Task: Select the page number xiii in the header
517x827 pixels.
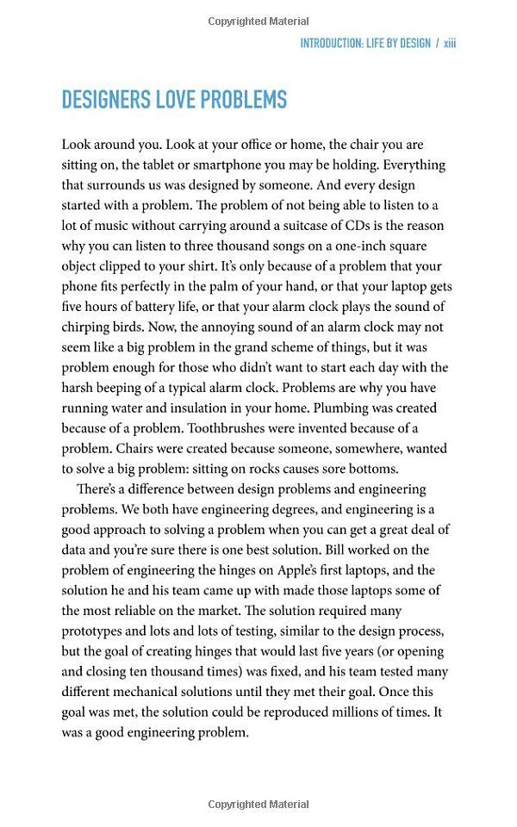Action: point(450,43)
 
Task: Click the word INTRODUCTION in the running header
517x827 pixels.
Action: point(337,43)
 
